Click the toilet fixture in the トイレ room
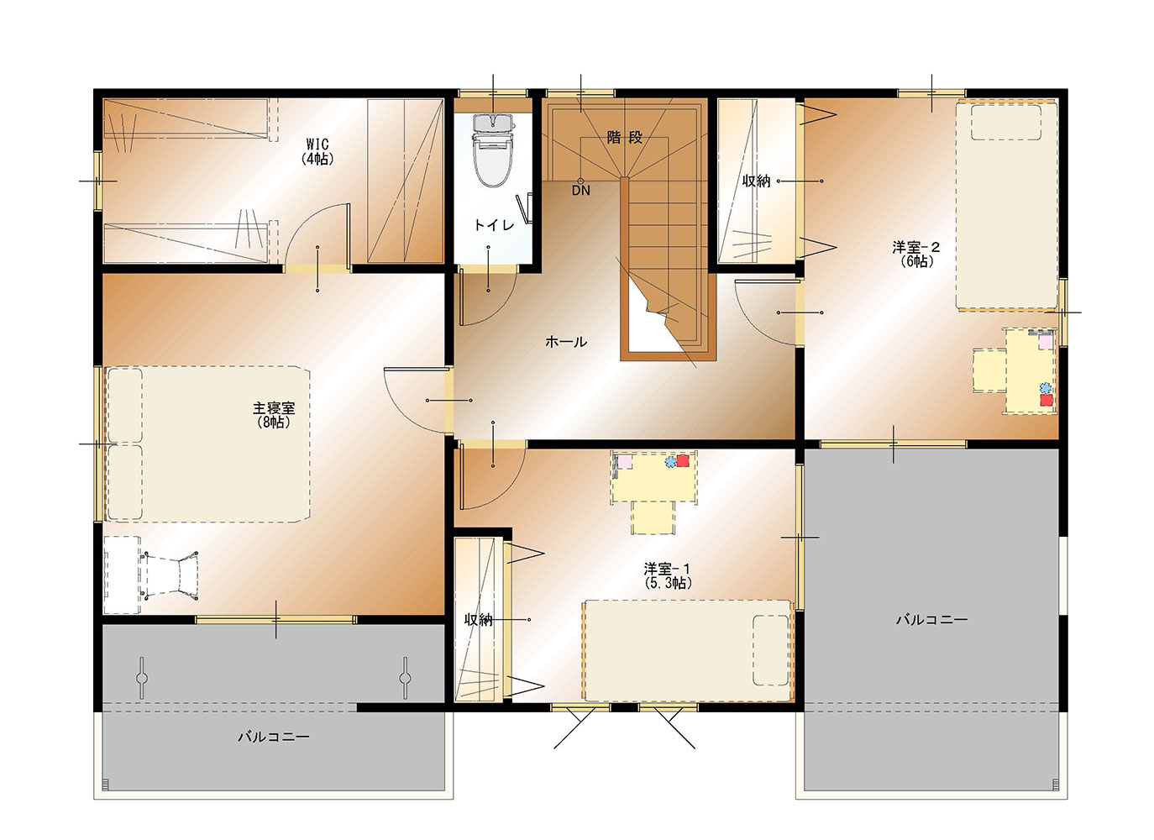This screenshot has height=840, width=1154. click(x=494, y=150)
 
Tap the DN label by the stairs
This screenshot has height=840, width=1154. click(x=580, y=191)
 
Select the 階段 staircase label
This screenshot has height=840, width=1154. click(x=624, y=138)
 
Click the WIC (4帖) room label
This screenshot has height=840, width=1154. click(x=317, y=151)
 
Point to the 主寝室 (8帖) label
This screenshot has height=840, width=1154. click(x=274, y=415)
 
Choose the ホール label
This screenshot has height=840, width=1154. click(x=566, y=342)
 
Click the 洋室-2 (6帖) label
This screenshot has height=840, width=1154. click(x=916, y=255)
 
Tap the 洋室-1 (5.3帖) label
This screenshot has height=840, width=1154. click(x=668, y=576)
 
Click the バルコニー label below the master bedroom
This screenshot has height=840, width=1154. click(x=274, y=737)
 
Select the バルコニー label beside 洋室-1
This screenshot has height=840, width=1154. click(x=931, y=619)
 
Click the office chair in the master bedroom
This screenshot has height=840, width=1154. click(x=172, y=575)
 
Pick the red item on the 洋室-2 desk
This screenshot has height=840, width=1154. click(x=1046, y=400)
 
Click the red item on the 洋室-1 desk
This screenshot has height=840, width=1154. click(x=683, y=460)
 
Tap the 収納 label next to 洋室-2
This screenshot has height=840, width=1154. click(x=756, y=181)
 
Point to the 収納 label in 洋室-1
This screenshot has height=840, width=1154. click(x=479, y=620)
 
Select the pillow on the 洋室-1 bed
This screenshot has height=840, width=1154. click(x=771, y=650)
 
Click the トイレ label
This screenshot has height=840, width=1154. click(x=494, y=225)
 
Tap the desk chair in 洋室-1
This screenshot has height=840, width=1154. click(x=653, y=517)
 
